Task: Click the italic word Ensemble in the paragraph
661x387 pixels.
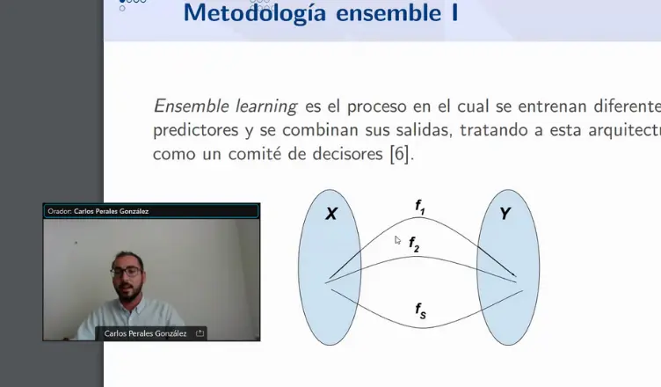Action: coord(188,106)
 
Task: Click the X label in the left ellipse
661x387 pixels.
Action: coord(331,214)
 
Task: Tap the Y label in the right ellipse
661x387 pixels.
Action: coord(505,214)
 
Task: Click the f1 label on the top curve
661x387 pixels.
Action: coord(420,206)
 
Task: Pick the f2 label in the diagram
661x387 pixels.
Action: coord(414,244)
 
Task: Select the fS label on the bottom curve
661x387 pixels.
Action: coord(420,310)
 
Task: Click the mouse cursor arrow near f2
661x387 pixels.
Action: coord(398,240)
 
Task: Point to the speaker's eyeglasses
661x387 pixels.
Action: coord(126,272)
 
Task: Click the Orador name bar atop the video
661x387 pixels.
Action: coord(151,211)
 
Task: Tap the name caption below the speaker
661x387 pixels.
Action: coord(145,333)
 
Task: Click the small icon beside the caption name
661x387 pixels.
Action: coord(200,333)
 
